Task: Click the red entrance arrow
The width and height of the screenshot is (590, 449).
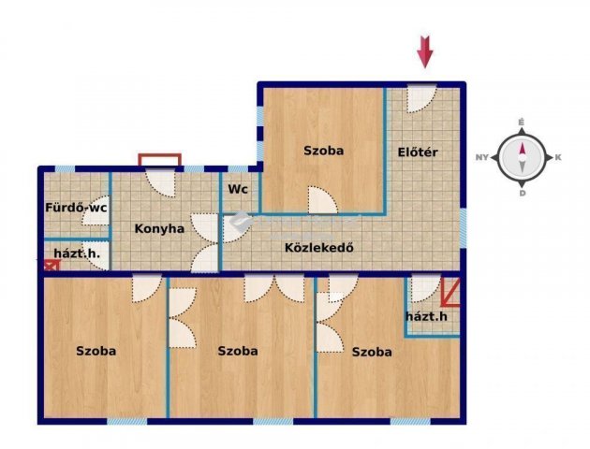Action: pyautogui.click(x=425, y=51)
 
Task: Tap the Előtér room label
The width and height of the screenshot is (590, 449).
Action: pyautogui.click(x=418, y=152)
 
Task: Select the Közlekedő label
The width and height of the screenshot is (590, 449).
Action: pyautogui.click(x=319, y=248)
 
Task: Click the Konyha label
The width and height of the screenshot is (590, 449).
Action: pyautogui.click(x=159, y=228)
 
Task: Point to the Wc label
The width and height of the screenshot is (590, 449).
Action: pyautogui.click(x=238, y=189)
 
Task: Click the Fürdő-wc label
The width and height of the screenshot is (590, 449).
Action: pyautogui.click(x=77, y=208)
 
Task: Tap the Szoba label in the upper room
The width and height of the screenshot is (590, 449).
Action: pyautogui.click(x=324, y=151)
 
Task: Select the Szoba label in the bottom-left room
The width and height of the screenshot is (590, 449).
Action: pyautogui.click(x=96, y=351)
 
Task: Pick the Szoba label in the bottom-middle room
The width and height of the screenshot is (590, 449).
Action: pyautogui.click(x=238, y=351)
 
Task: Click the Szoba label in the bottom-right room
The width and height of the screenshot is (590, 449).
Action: pyautogui.click(x=372, y=352)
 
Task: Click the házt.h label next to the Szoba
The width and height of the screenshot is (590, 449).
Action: pyautogui.click(x=427, y=316)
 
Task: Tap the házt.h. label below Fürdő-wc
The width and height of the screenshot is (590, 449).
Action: pyautogui.click(x=77, y=253)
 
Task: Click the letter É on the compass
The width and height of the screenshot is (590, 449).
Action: pyautogui.click(x=522, y=123)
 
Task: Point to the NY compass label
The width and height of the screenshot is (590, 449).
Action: pyautogui.click(x=482, y=157)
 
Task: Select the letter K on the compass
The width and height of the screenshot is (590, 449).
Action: pyautogui.click(x=558, y=157)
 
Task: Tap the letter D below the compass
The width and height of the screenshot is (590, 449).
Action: pyautogui.click(x=523, y=194)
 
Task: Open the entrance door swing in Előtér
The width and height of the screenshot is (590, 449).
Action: pyautogui.click(x=421, y=98)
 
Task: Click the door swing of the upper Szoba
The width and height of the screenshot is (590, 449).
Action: pyautogui.click(x=322, y=200)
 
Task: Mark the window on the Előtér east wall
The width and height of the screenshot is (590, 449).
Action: pyautogui.click(x=464, y=227)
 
